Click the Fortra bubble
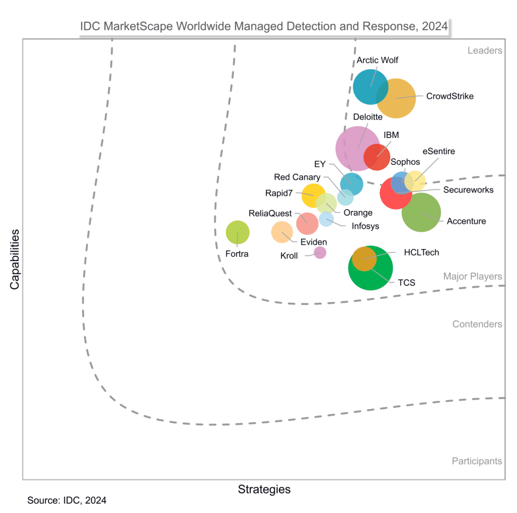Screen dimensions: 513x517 (x=237, y=233)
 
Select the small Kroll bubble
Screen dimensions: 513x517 (x=320, y=252)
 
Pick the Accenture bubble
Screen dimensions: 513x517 (x=421, y=213)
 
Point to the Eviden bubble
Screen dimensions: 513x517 (x=282, y=232)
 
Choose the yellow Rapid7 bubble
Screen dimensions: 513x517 (x=313, y=195)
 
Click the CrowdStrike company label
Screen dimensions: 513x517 (x=450, y=96)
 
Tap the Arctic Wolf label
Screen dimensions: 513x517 (x=377, y=60)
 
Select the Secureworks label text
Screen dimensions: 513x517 (x=468, y=190)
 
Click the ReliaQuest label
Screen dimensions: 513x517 (x=270, y=213)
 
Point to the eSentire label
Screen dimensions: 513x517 (x=438, y=150)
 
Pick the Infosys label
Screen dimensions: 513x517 (x=365, y=226)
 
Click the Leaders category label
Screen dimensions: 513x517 (x=485, y=50)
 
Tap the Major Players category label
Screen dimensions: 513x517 (x=473, y=276)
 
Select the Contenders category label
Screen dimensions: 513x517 (x=477, y=324)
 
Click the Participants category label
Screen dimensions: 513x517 (x=477, y=460)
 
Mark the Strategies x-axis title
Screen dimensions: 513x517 (x=264, y=489)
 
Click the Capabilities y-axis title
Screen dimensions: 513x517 (x=15, y=259)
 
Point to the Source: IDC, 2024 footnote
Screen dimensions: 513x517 (x=67, y=500)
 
